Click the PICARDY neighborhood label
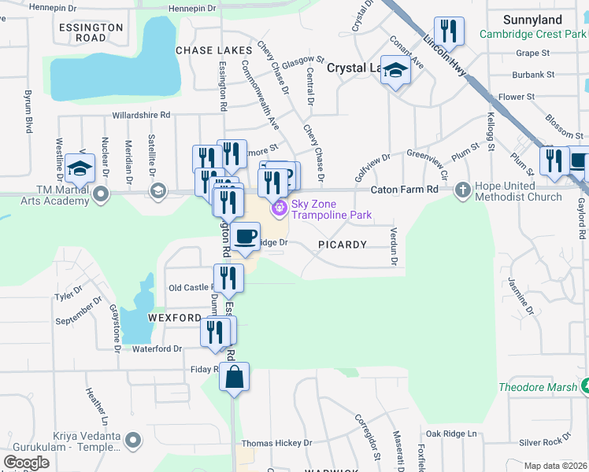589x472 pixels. (x=343, y=245)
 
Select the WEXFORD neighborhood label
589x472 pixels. (x=173, y=317)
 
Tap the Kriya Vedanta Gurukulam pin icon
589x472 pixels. (x=134, y=438)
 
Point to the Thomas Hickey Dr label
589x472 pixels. (x=276, y=444)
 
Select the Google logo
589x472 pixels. (x=26, y=463)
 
